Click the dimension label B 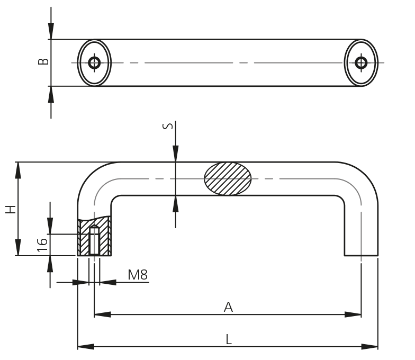[44, 62]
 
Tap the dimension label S [167, 126]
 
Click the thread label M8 [138, 274]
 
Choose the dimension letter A [228, 307]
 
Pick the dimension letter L [229, 339]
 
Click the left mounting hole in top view [95, 62]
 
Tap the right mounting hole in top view [362, 62]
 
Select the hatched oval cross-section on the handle [228, 178]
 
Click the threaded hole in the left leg [94, 241]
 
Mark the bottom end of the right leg [362, 255]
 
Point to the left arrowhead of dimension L [85, 347]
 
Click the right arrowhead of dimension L [371, 347]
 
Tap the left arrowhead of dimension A [102, 314]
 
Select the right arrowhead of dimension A [354, 314]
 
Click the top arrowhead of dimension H [19, 169]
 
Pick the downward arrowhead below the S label [175, 155]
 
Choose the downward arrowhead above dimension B [51, 32]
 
